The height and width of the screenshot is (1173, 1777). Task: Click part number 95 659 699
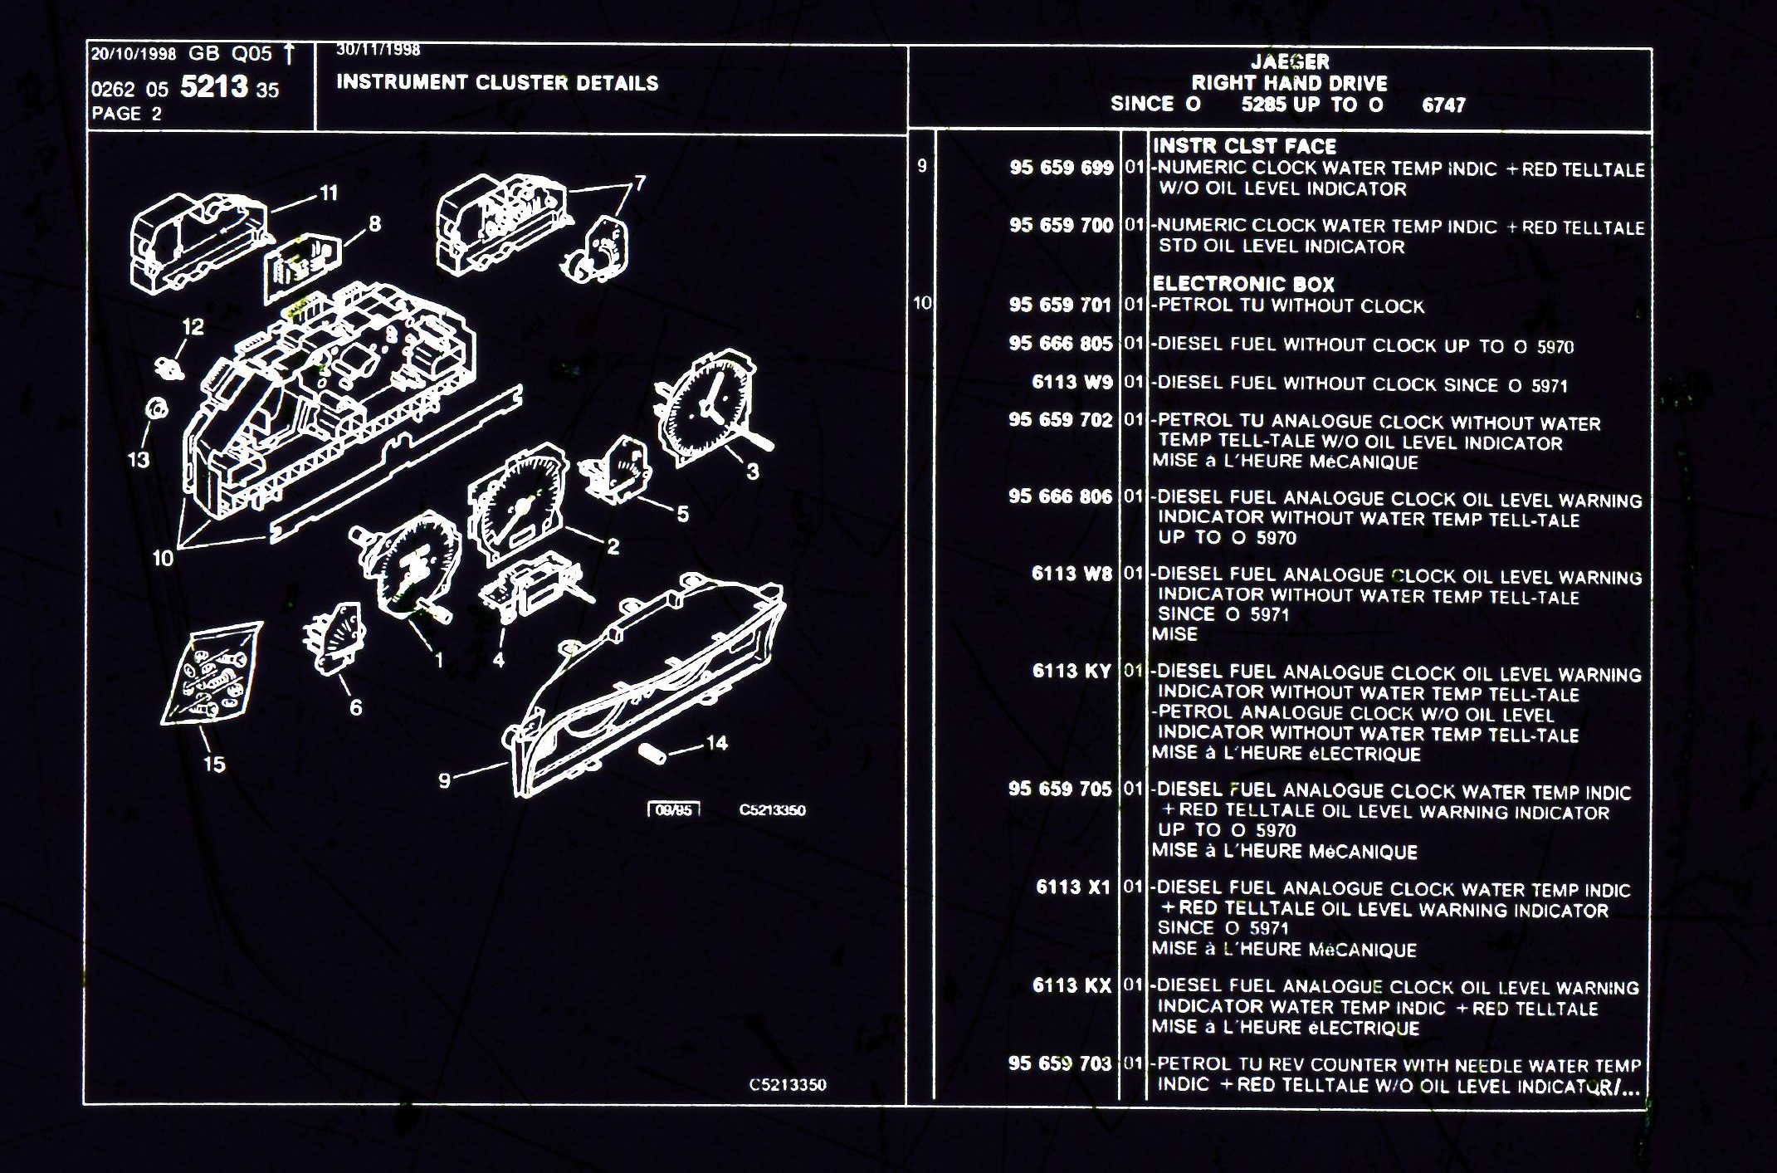pos(1061,168)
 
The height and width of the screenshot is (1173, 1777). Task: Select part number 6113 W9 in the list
pos(1072,382)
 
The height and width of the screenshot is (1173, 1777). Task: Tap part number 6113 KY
pos(1071,671)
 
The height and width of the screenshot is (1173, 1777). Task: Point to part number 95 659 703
pos(1059,1063)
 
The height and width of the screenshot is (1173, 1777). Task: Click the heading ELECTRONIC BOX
pos(1242,284)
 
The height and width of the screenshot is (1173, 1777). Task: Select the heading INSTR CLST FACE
pos(1244,146)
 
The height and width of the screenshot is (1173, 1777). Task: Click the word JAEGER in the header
pos(1290,61)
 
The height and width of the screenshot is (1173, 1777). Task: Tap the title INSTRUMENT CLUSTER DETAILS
pos(497,83)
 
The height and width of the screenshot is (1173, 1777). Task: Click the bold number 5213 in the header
pos(214,86)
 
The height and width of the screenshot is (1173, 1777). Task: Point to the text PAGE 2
pos(126,114)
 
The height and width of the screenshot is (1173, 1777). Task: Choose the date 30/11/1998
pos(378,50)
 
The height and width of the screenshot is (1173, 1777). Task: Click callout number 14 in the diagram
pos(716,743)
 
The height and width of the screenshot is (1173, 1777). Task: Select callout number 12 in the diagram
pos(193,327)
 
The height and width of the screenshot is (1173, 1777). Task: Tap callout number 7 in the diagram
pos(639,183)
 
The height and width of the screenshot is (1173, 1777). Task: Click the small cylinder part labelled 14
pos(652,754)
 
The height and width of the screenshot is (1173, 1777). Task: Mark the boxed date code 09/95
pos(673,810)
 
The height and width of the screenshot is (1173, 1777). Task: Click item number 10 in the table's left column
pos(922,303)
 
